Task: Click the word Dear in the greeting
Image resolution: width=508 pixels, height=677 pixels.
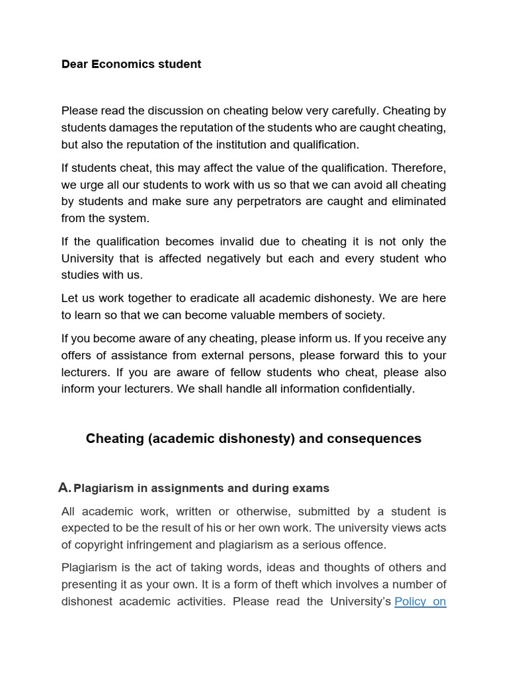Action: [75, 64]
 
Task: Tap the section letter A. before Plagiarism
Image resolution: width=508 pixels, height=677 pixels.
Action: [64, 488]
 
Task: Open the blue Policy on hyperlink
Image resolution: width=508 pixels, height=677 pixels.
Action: [420, 602]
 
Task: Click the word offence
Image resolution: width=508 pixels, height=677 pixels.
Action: [361, 545]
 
